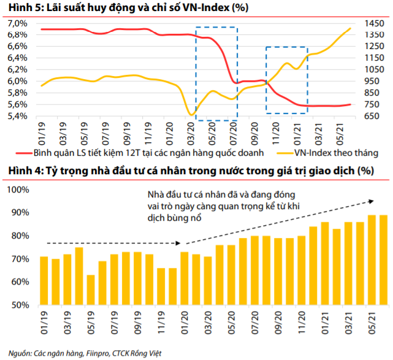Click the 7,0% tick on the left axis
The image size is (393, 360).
pyautogui.click(x=17, y=23)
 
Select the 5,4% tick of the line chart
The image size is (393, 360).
pyautogui.click(x=17, y=116)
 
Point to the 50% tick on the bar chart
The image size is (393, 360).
pyautogui.click(x=19, y=305)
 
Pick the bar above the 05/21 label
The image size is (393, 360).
pyautogui.click(x=372, y=260)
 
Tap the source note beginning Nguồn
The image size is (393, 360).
pyautogui.click(x=90, y=353)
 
